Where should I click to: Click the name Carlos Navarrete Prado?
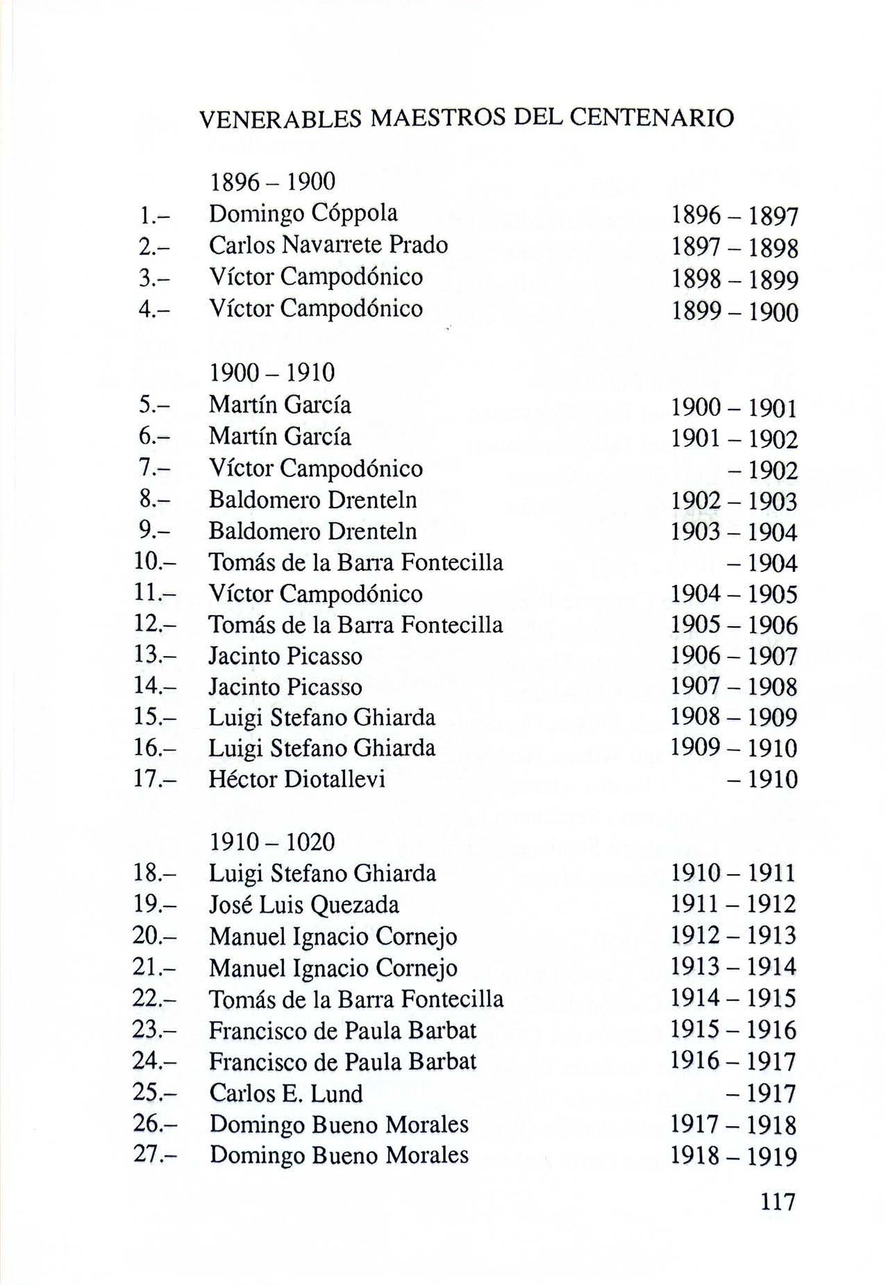[x=328, y=245]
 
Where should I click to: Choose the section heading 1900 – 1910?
[x=272, y=373]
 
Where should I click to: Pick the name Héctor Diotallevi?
[x=297, y=780]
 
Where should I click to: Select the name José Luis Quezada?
[x=304, y=905]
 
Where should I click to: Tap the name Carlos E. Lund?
[x=286, y=1093]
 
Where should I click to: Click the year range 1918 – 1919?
[x=734, y=1157]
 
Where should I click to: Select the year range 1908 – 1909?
[x=734, y=717]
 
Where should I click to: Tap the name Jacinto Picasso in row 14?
[x=285, y=687]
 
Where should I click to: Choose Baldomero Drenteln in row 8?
[x=313, y=500]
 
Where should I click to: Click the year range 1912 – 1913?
[x=733, y=936]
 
